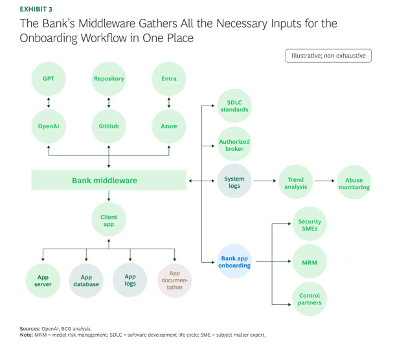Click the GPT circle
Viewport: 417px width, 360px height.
point(49,78)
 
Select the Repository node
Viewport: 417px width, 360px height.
point(108,78)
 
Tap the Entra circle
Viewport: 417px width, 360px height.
point(168,78)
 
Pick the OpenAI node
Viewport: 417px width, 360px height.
point(49,126)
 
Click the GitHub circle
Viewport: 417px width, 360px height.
point(108,126)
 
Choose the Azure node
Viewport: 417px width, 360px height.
point(168,126)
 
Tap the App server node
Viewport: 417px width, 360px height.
point(43,280)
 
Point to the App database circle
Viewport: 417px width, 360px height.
point(86,280)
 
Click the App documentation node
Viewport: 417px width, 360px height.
point(175,280)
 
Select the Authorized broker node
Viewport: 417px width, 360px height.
point(234,145)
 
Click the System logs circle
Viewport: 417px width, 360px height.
point(234,183)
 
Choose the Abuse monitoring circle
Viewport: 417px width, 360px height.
point(354,183)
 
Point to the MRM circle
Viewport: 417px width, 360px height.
point(310,262)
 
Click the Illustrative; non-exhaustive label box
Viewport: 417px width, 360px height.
point(328,56)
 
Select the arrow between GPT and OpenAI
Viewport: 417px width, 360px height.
point(49,102)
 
